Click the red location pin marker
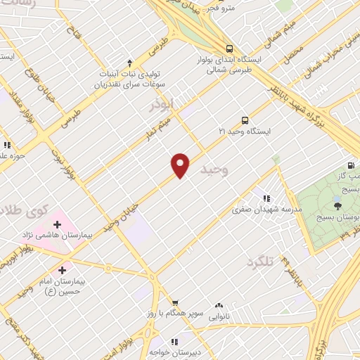tap(181, 165)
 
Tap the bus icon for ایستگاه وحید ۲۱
tap(245, 120)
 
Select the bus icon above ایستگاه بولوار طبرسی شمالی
tap(230, 49)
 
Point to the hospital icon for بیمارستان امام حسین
tap(63, 269)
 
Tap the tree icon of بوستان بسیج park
tap(337, 205)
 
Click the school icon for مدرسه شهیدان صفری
tap(266, 199)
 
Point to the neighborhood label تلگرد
tap(259, 262)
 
